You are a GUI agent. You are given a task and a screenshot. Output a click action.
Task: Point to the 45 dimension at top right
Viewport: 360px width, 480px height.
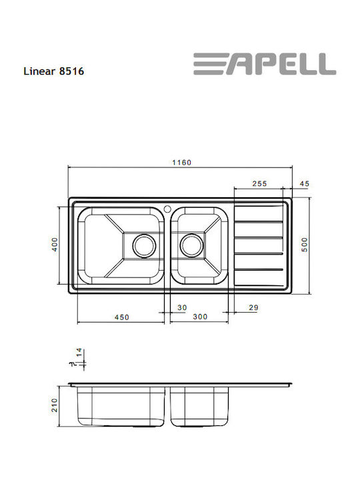coord(305,184)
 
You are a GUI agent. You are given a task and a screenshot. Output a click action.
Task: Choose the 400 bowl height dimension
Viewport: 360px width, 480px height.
coord(56,245)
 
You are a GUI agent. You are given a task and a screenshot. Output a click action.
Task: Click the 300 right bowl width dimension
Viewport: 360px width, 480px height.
coord(199,317)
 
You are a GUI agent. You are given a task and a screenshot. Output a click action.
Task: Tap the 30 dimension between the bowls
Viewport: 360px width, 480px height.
coord(182,307)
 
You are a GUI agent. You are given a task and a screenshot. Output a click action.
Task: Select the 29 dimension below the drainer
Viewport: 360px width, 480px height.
coord(253,307)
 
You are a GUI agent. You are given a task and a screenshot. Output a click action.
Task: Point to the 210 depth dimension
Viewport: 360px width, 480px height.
coord(56,405)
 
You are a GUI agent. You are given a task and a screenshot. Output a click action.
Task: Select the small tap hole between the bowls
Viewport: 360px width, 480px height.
coord(167,207)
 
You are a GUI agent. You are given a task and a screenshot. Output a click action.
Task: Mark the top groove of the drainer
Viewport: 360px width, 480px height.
coord(261,221)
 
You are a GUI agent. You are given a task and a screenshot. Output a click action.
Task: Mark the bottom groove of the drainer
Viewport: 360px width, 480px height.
coord(261,269)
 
